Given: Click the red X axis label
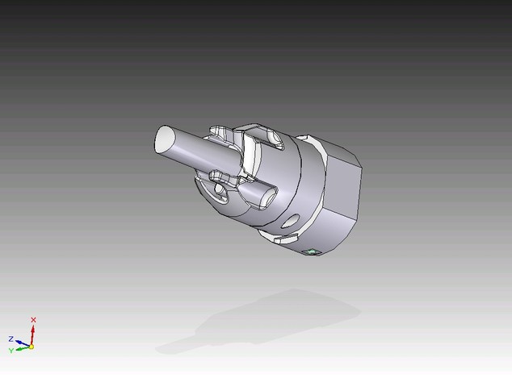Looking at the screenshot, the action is [33, 320].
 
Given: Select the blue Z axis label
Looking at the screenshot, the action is [10, 339].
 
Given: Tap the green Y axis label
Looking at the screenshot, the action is [11, 351].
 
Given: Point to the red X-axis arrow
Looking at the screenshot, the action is [32, 334].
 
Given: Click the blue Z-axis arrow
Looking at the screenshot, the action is [22, 343].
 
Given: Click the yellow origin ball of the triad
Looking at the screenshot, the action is [31, 347].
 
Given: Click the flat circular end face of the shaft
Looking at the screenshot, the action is [166, 139].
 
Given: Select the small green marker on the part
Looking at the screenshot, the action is [312, 252].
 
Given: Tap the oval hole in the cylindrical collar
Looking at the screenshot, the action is [291, 221].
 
